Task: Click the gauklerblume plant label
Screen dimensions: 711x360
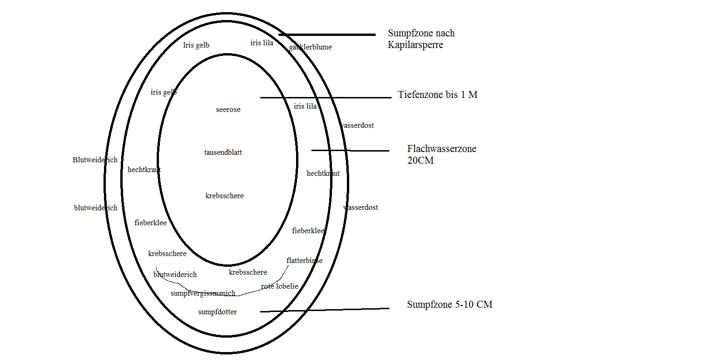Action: point(311,47)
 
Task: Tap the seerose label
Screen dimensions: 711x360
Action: point(228,110)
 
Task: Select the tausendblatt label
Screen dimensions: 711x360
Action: point(223,152)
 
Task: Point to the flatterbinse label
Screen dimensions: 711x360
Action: point(304,261)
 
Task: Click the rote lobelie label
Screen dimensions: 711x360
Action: point(280,286)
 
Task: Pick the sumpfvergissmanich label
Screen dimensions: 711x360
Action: point(203,293)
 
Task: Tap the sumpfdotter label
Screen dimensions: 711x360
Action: point(217,312)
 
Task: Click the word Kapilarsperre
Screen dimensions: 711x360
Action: point(415,45)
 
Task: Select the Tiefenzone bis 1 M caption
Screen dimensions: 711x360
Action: point(438,95)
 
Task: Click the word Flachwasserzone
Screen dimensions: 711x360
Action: point(442,149)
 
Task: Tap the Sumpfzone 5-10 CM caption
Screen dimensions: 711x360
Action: point(450,305)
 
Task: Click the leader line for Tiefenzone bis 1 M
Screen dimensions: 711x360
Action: point(326,97)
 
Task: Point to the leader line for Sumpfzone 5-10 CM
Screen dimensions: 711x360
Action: point(324,310)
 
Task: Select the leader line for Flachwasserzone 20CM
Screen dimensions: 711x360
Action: point(351,151)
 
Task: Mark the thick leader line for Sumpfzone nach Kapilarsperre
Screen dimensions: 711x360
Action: point(327,35)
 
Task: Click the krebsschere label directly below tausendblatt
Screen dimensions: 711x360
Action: point(225,196)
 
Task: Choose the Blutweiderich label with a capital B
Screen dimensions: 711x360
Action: point(95,159)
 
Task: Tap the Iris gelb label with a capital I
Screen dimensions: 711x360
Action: point(196,45)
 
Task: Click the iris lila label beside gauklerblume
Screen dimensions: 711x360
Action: point(262,43)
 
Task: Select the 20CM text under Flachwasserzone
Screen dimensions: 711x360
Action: point(421,160)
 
